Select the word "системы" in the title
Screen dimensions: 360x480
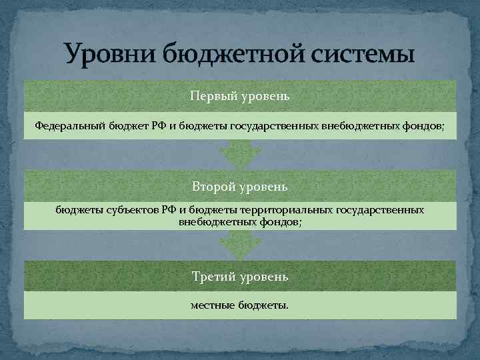pos(361,53)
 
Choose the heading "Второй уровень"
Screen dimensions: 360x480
pos(240,185)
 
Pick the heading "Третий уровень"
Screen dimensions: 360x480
pos(240,276)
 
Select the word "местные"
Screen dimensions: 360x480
pos(212,306)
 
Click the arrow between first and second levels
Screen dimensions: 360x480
pos(240,154)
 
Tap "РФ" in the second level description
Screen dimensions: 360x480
pos(168,210)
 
